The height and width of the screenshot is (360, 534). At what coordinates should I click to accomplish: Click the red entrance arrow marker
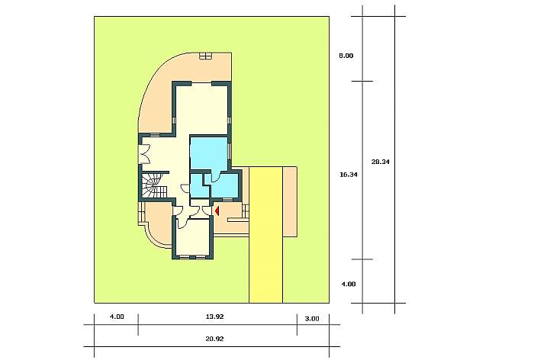(x=217, y=211)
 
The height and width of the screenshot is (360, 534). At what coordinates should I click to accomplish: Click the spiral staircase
(x=153, y=185)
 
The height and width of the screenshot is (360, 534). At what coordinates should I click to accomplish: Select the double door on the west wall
(x=143, y=155)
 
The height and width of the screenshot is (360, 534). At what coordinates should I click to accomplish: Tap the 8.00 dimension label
(x=346, y=56)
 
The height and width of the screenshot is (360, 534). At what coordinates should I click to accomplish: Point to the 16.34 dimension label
(x=349, y=175)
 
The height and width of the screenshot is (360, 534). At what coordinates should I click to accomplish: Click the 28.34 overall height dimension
(x=380, y=162)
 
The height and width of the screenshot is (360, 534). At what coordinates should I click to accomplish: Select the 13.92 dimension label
(x=214, y=317)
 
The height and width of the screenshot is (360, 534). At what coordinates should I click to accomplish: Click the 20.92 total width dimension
(x=214, y=339)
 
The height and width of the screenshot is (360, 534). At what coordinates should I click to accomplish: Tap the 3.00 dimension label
(x=312, y=319)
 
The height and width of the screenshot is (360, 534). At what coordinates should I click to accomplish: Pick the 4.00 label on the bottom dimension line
(x=117, y=317)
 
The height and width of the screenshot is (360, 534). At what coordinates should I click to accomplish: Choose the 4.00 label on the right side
(x=349, y=284)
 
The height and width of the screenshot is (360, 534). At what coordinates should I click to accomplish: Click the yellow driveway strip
(x=266, y=235)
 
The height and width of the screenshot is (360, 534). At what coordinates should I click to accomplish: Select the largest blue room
(x=209, y=153)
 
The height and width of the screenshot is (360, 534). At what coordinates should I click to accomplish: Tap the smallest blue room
(x=197, y=185)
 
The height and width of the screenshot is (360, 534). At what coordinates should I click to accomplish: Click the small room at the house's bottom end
(x=193, y=237)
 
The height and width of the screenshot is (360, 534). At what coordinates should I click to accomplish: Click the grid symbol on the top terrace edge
(x=206, y=56)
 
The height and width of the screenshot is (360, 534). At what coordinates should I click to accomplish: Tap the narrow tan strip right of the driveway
(x=290, y=201)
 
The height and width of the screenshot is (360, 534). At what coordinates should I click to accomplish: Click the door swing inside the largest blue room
(x=215, y=177)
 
